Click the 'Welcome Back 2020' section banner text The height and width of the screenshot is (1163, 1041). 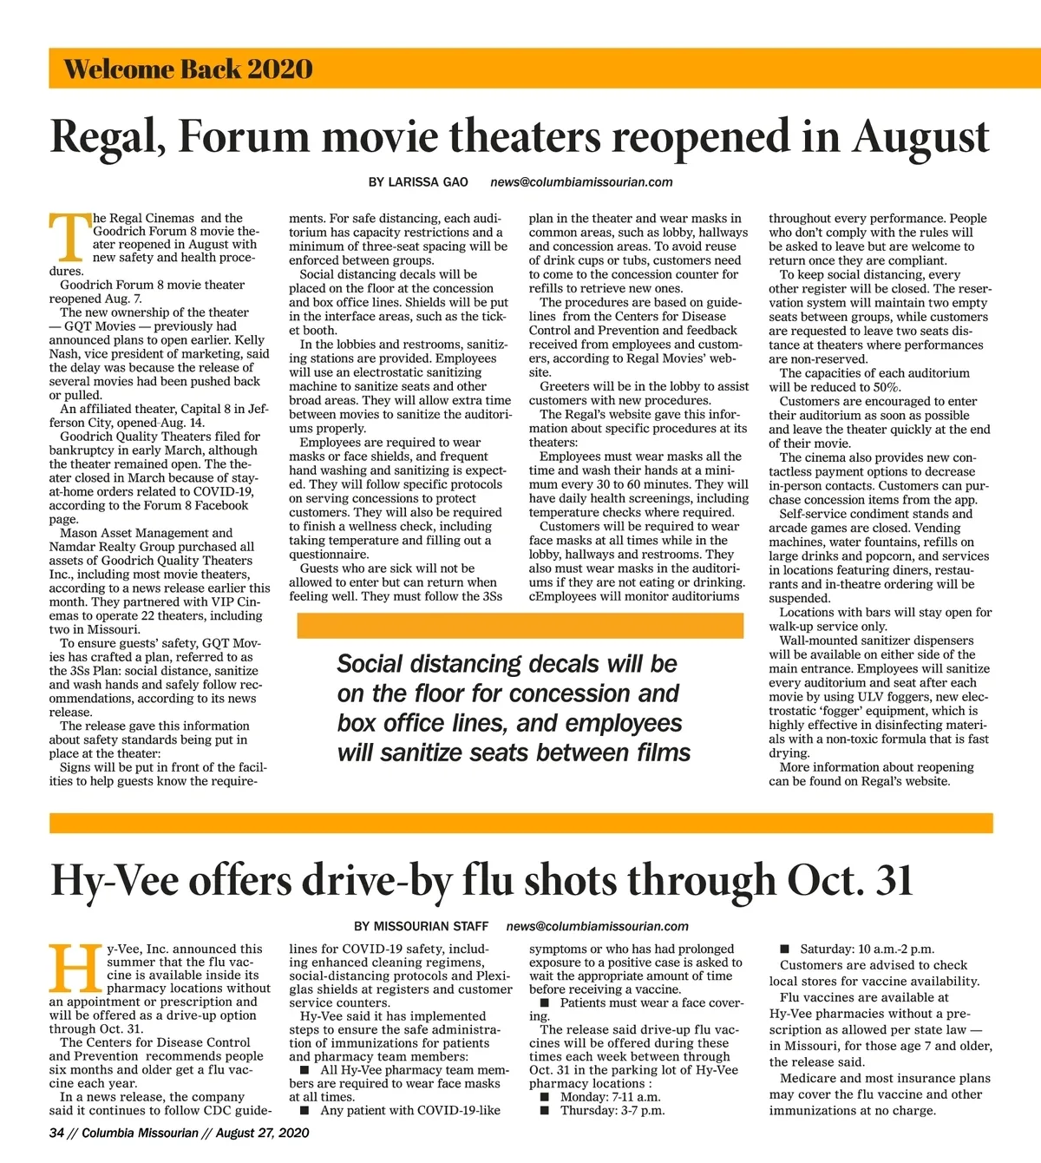188,69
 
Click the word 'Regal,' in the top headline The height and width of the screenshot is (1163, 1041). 108,137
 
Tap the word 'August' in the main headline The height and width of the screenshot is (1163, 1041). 920,137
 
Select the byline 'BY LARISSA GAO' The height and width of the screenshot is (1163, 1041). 418,182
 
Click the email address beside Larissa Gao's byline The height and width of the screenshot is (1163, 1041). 581,182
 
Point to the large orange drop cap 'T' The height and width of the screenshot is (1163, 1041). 69,236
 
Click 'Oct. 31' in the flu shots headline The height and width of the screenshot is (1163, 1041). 850,881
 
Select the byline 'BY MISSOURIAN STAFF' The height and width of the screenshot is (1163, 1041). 422,926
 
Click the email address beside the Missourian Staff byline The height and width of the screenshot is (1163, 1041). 598,926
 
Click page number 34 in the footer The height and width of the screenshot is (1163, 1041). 57,1133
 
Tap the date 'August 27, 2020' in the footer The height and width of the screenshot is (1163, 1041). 262,1133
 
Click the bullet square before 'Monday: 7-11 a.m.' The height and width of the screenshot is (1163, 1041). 545,1097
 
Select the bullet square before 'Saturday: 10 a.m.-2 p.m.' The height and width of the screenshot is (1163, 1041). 785,949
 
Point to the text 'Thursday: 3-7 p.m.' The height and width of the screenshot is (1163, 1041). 612,1110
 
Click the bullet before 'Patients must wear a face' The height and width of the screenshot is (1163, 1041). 545,1002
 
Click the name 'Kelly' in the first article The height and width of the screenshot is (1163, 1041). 251,340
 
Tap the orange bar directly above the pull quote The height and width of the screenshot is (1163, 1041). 520,626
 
